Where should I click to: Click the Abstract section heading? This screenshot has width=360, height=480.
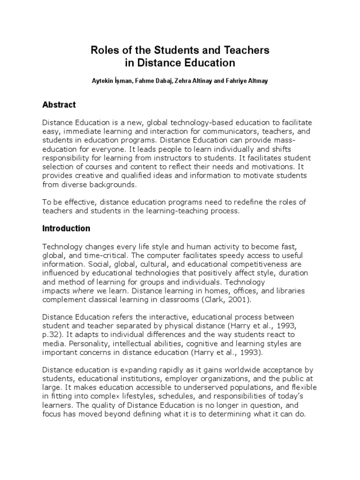click(x=59, y=105)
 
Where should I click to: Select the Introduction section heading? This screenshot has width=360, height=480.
click(x=66, y=229)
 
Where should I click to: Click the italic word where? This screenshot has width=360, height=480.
click(x=83, y=291)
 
